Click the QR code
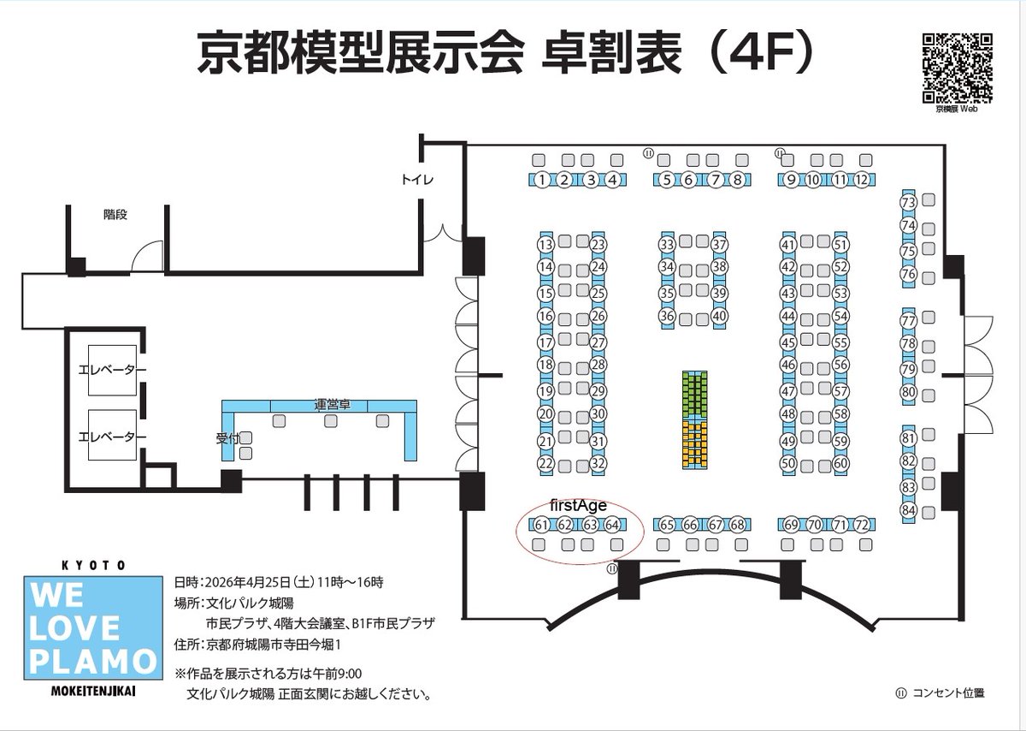[x=957, y=68]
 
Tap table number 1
[x=542, y=180]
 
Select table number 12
[x=862, y=180]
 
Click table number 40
[x=720, y=316]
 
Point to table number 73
[x=908, y=202]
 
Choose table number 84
[x=908, y=510]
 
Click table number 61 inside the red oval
[x=541, y=525]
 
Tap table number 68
[x=737, y=525]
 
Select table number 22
[x=545, y=463]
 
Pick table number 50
[x=788, y=463]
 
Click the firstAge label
[x=578, y=505]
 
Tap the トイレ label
[x=417, y=179]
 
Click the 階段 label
[x=115, y=214]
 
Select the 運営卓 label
[x=333, y=405]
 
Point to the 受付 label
[x=227, y=438]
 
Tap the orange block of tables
[x=695, y=444]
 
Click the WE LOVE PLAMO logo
[x=93, y=627]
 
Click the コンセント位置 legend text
[x=948, y=693]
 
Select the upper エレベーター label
[x=112, y=370]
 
